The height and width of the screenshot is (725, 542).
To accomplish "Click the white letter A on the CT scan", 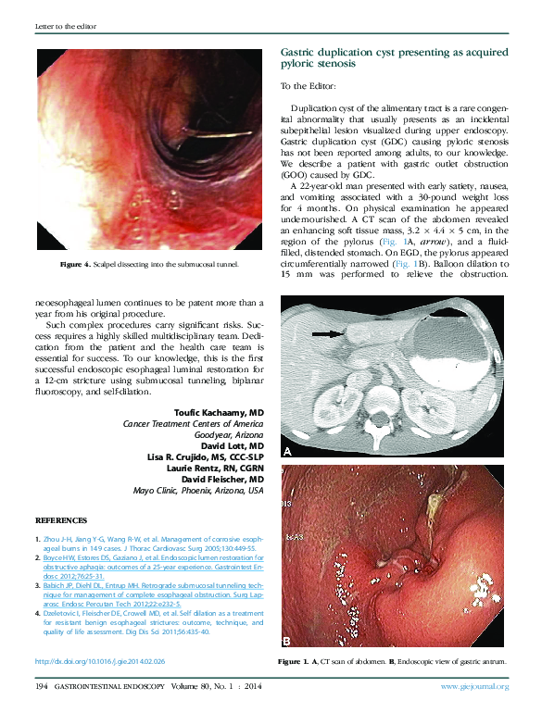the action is [x=287, y=452].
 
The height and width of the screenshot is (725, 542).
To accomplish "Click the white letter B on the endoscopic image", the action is [x=287, y=641].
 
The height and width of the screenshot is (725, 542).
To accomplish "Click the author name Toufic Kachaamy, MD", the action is [x=219, y=411].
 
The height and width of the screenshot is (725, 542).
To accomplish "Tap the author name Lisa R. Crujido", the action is [x=206, y=456].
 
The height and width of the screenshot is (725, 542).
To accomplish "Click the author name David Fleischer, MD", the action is [x=221, y=480].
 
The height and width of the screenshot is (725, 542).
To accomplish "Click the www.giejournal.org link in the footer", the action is [x=474, y=686].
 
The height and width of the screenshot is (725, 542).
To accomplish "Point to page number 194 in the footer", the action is [x=42, y=686].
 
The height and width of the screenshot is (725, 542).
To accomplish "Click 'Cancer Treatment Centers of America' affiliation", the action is [x=193, y=423].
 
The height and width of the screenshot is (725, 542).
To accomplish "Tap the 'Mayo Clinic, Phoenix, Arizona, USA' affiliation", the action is [x=198, y=491].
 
